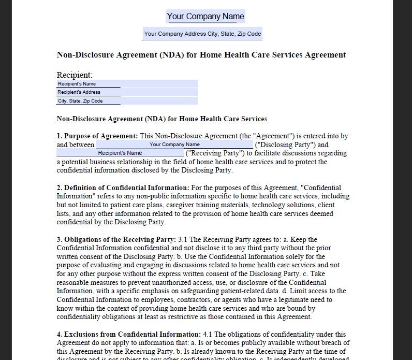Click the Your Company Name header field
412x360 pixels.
coord(205,17)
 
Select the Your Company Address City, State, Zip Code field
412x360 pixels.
coord(202,34)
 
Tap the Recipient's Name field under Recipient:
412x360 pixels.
coord(127,84)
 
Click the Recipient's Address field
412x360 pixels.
coord(127,92)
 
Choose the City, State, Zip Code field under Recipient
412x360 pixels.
coord(127,101)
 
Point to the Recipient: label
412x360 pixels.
coord(75,75)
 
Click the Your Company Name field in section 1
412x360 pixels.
coord(174,145)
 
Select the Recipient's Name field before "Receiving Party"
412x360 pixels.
coord(120,153)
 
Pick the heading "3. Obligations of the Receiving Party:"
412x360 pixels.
coord(116,239)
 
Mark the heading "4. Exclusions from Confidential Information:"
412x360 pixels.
coord(128,334)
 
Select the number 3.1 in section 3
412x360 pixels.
coord(183,239)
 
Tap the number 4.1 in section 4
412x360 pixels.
coord(208,334)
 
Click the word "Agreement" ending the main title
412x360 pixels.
coord(326,55)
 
